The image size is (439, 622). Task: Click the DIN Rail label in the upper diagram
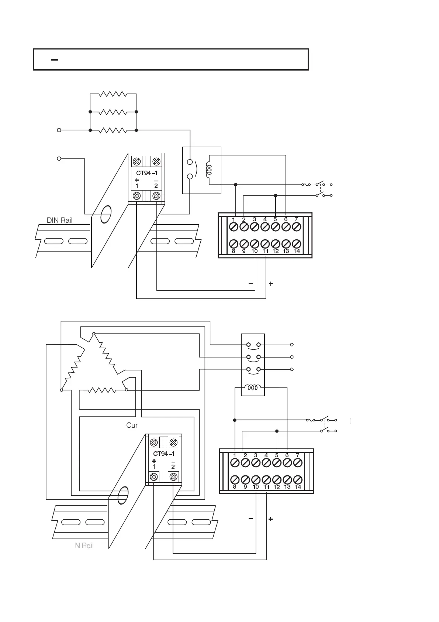click(x=59, y=221)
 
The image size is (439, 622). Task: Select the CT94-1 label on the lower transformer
click(x=164, y=454)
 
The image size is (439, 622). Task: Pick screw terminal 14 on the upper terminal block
click(x=296, y=244)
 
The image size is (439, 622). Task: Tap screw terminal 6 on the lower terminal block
click(x=287, y=462)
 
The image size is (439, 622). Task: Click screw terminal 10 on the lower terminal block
click(x=256, y=480)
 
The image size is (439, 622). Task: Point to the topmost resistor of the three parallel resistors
click(x=113, y=94)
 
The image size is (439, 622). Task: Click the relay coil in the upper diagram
click(x=209, y=170)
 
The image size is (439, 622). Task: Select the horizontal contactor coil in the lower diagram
click(x=253, y=388)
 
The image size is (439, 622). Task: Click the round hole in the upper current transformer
click(x=106, y=213)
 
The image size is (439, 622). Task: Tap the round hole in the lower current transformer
click(x=123, y=495)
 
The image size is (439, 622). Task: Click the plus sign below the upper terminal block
click(x=271, y=284)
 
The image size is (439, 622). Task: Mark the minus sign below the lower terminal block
click(x=251, y=519)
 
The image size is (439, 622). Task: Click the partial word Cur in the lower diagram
click(x=132, y=425)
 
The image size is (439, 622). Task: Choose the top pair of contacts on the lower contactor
click(x=253, y=345)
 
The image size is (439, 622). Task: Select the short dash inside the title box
click(x=55, y=59)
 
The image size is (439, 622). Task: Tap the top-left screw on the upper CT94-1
click(x=137, y=161)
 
